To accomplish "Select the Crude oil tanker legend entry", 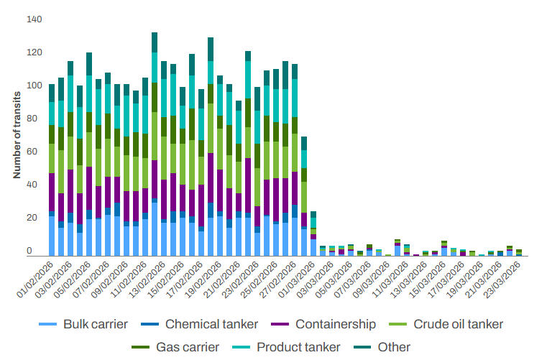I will pyautogui.click(x=457, y=324).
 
